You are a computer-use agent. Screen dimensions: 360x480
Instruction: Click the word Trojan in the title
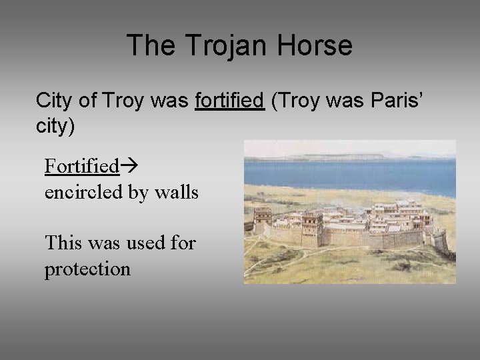click(217, 46)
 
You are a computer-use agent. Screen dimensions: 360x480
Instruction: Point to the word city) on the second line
click(55, 126)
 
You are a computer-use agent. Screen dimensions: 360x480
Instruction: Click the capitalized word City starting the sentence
click(56, 101)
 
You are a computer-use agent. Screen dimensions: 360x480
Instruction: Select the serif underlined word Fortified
click(81, 165)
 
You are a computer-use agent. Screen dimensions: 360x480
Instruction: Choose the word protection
click(87, 269)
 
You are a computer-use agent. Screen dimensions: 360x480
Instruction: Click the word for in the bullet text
click(183, 243)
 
